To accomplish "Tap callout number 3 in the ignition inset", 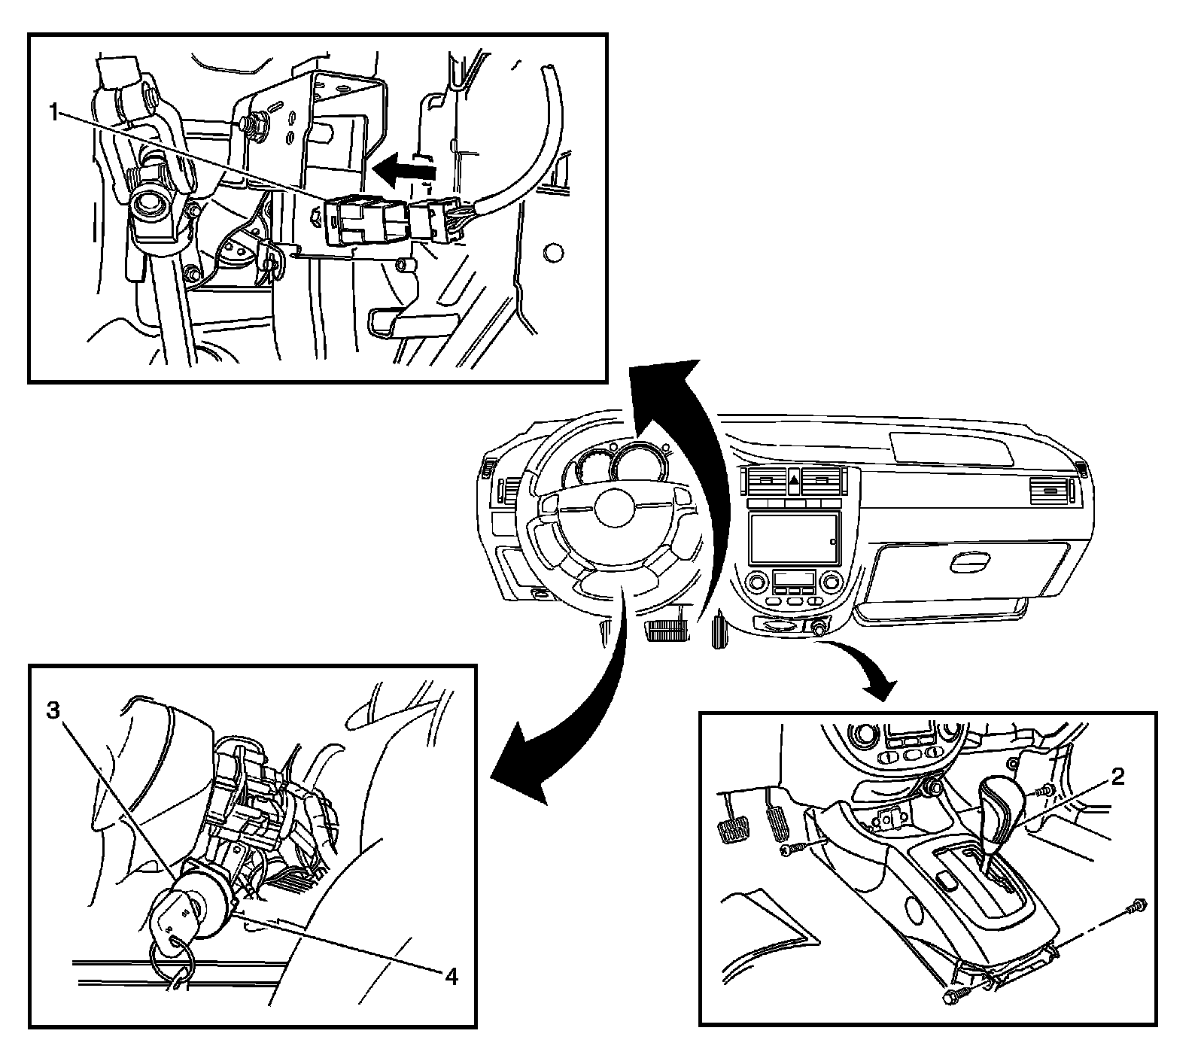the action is click(x=53, y=711).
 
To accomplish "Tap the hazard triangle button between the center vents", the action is click(x=794, y=479).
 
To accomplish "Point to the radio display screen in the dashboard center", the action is click(x=794, y=537).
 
